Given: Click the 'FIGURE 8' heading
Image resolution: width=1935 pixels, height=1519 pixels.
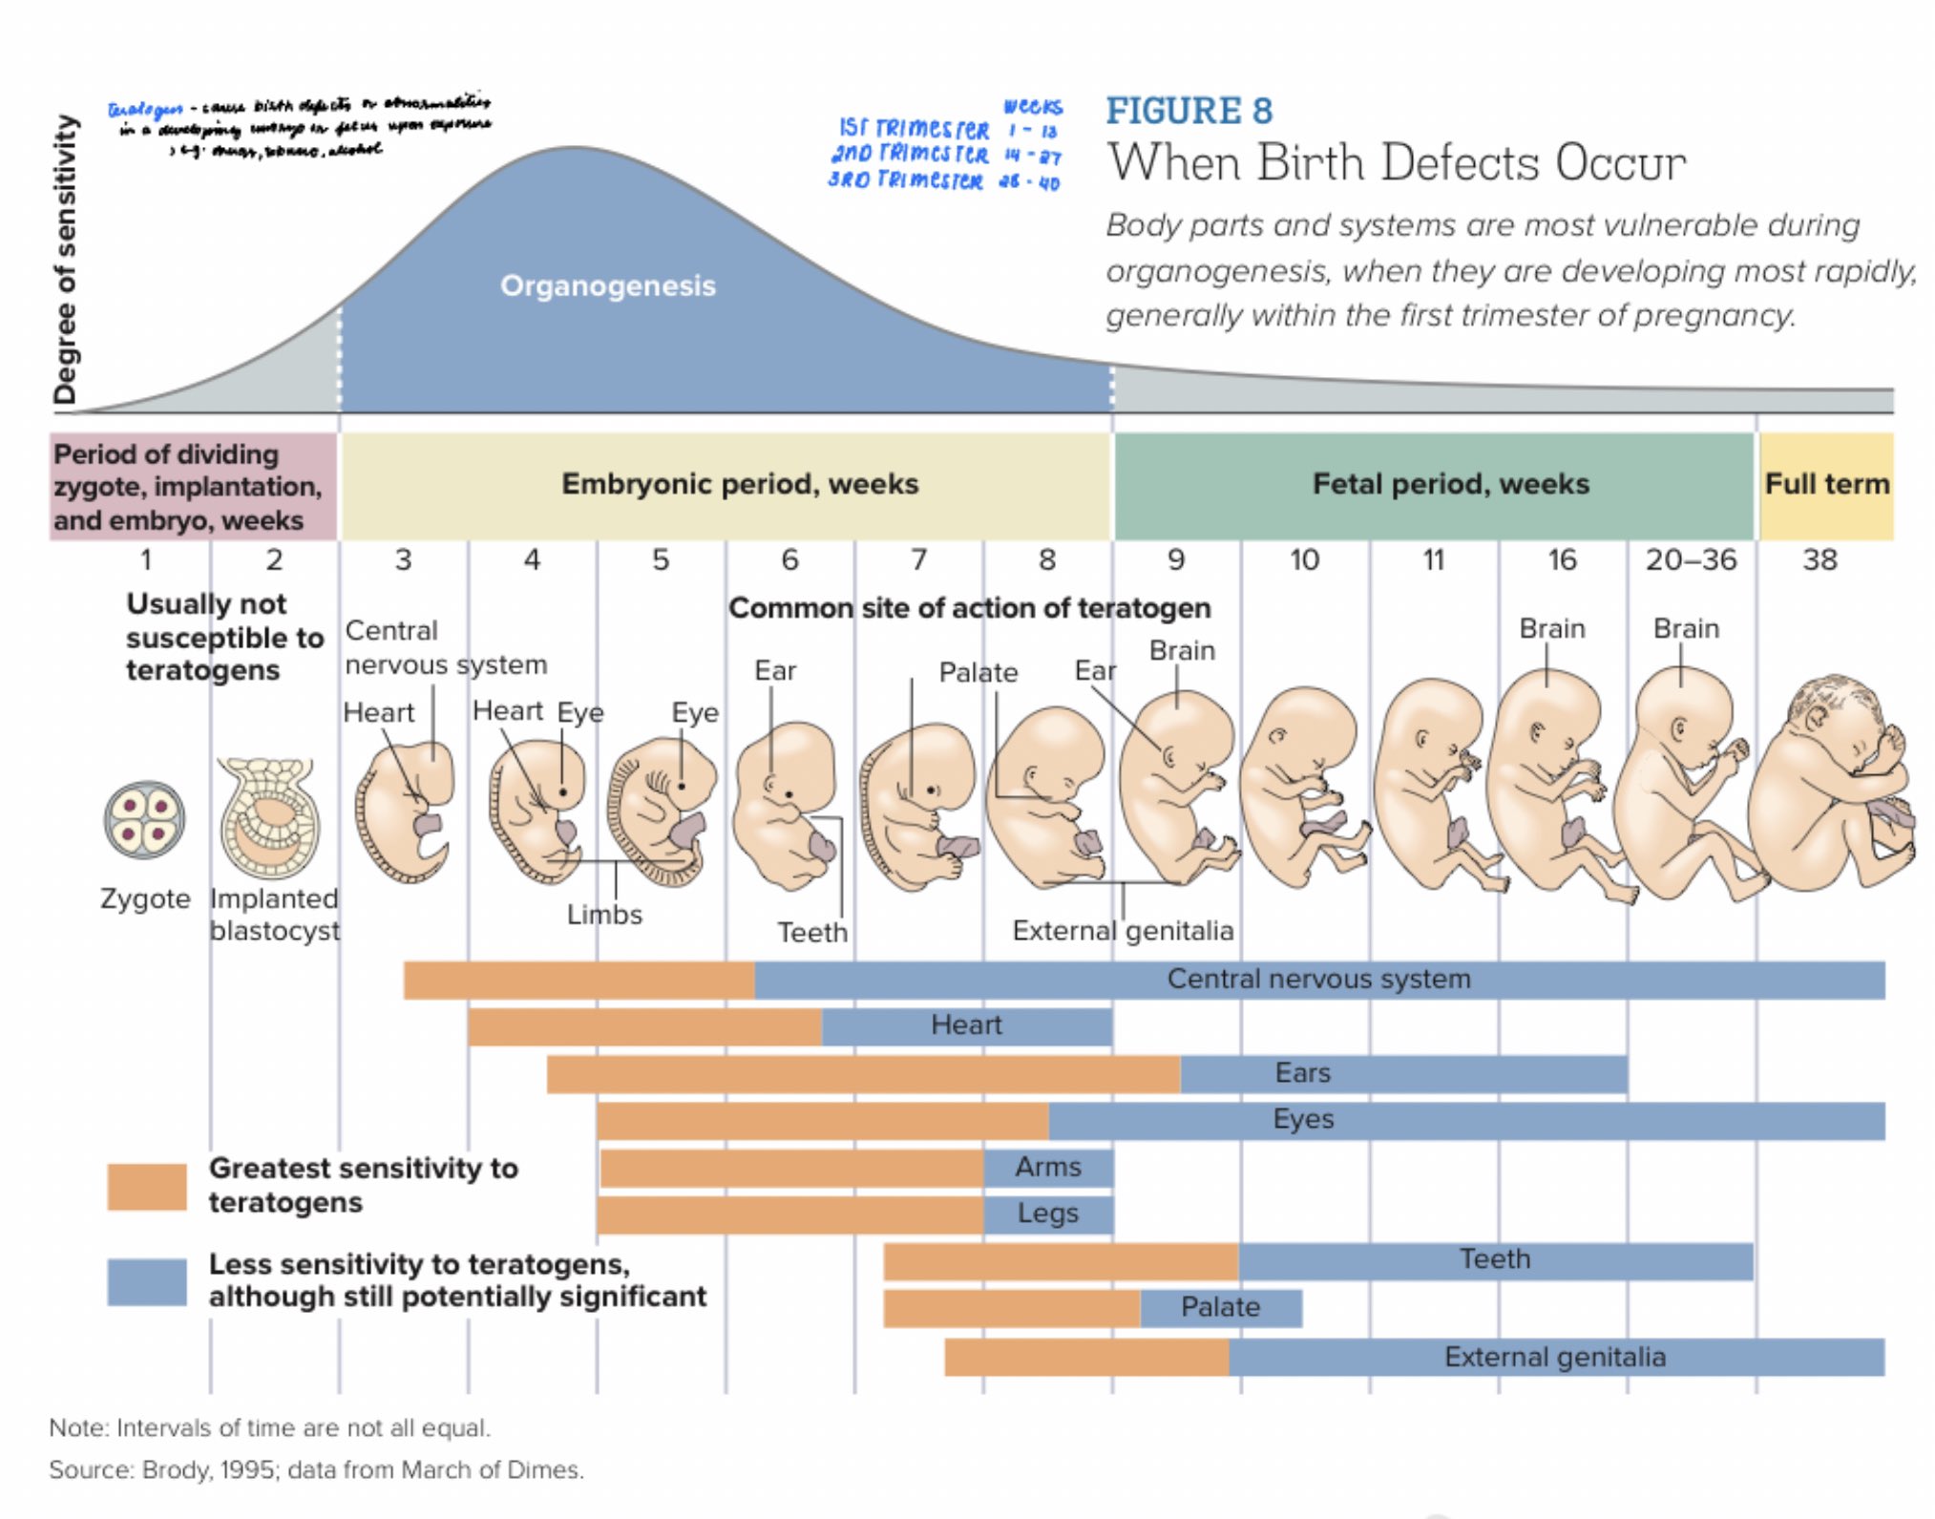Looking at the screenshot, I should click(1188, 111).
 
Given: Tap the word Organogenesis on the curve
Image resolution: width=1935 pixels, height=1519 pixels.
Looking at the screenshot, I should click(607, 285).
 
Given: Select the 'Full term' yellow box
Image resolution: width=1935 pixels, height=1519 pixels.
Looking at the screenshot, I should click(1825, 484).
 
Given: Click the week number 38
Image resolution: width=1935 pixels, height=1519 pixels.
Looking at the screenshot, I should click(1819, 559).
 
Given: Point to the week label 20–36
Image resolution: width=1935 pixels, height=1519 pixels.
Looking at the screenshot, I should click(1690, 559).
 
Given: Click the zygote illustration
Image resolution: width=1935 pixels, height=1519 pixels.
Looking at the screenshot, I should click(144, 820).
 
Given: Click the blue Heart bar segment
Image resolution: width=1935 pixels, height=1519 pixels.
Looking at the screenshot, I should click(966, 1025).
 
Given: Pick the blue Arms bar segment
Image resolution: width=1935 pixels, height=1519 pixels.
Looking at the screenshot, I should click(1047, 1167).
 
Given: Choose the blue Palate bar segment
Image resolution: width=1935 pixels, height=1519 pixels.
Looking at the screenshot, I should click(1220, 1307).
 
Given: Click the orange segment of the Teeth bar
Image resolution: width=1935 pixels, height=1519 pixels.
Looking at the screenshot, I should click(1060, 1261).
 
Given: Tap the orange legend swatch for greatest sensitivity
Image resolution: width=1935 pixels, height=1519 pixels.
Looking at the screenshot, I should click(146, 1186).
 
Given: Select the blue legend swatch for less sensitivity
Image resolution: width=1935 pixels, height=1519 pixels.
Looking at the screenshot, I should click(146, 1281).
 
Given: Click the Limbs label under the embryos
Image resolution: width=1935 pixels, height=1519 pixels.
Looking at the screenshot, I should click(603, 915).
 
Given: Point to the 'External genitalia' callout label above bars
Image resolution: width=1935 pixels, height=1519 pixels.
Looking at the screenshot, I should click(1123, 930).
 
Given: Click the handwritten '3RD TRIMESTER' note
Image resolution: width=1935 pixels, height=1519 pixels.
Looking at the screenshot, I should click(905, 180).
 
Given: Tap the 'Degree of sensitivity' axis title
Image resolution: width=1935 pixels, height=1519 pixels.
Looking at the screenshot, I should click(65, 260).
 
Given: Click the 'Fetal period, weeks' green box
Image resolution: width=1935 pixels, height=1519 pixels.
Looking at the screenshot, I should click(1449, 484).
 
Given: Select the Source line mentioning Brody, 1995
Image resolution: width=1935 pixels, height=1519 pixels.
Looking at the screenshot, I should click(316, 1469).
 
